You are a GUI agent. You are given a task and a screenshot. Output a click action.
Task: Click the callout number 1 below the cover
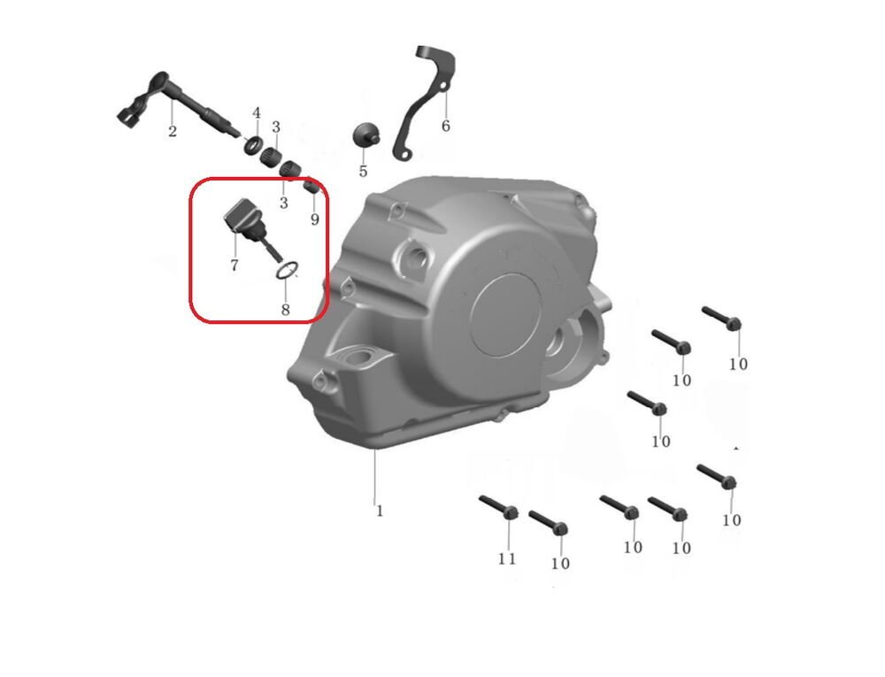coord(380,511)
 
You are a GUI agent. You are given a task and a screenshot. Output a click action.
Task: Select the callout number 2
coord(173,132)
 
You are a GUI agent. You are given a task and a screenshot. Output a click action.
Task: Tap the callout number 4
coord(257,113)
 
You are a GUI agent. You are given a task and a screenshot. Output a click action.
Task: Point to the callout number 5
coord(363,171)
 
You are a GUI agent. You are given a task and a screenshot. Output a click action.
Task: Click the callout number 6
coord(445,126)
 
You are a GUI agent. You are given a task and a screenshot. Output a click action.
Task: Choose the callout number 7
coord(235,265)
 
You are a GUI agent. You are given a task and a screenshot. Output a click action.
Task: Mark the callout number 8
coord(285,309)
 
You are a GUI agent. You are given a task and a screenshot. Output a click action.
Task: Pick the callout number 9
coord(314,219)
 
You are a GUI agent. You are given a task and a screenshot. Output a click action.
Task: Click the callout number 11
coord(507,558)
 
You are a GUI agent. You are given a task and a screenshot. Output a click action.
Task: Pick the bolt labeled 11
coord(499,507)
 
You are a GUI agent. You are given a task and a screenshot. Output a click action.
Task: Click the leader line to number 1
coord(374,475)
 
